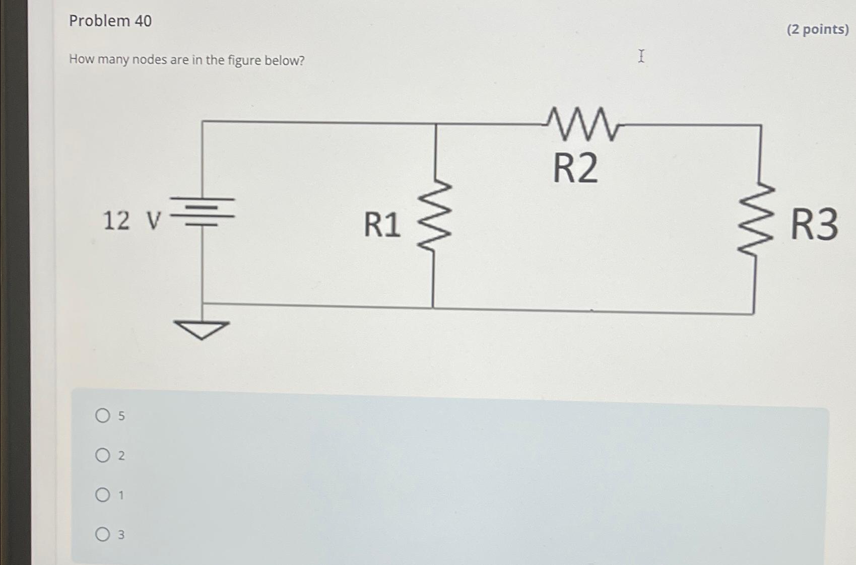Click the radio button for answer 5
[103, 415]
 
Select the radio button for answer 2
[103, 455]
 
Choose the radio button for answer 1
[103, 495]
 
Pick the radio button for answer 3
[103, 534]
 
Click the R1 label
[382, 225]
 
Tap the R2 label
[575, 168]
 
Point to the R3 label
[814, 225]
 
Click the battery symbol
[203, 211]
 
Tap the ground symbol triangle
[202, 329]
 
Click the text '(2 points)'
[817, 29]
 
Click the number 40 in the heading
[143, 21]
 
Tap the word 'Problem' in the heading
[100, 21]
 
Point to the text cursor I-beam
[641, 56]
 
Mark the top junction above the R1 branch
[436, 124]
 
